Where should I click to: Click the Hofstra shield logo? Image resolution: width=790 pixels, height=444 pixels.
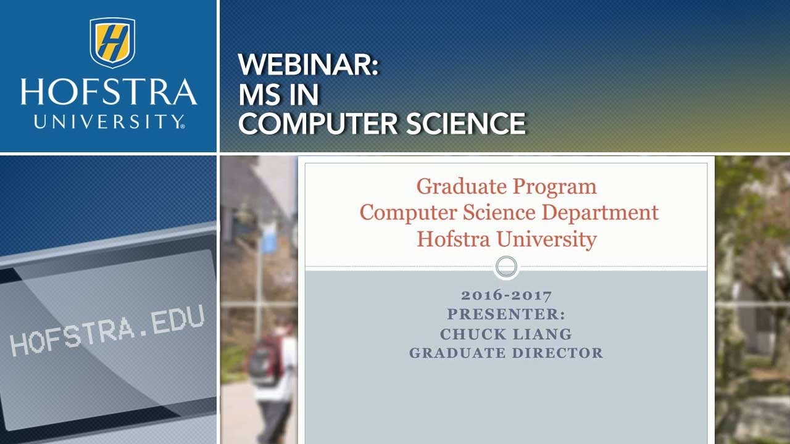pyautogui.click(x=112, y=42)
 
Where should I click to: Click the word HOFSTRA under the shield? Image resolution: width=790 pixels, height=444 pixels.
pyautogui.click(x=109, y=92)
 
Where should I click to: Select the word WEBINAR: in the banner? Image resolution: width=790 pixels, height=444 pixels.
pyautogui.click(x=308, y=65)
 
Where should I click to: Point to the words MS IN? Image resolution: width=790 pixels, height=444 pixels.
pyautogui.click(x=278, y=94)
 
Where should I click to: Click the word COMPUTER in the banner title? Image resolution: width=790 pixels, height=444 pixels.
pyautogui.click(x=318, y=123)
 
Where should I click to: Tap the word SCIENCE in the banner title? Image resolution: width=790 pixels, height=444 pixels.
pyautogui.click(x=466, y=123)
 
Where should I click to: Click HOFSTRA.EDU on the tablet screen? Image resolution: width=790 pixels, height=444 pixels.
pyautogui.click(x=107, y=332)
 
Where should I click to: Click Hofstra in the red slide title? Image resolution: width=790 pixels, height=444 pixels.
pyautogui.click(x=452, y=239)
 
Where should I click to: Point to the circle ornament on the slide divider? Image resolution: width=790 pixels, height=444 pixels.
pyautogui.click(x=506, y=267)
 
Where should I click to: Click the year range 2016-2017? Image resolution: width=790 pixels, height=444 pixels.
pyautogui.click(x=506, y=295)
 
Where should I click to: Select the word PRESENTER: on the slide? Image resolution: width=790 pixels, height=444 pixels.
pyautogui.click(x=506, y=314)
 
